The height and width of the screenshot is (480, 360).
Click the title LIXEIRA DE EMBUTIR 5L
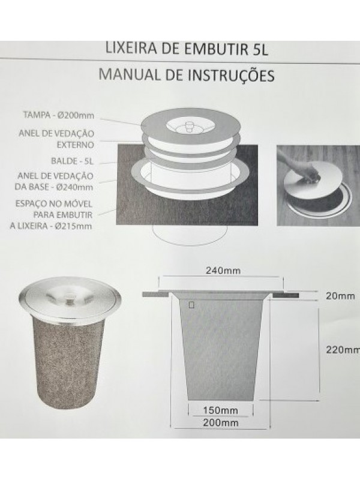[x=187, y=49]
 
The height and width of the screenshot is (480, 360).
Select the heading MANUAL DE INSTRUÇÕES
[x=187, y=75]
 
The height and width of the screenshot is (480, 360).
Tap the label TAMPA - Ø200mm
[x=59, y=115]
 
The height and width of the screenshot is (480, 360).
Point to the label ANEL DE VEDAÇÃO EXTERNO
[x=56, y=139]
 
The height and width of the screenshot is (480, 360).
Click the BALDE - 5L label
[x=72, y=161]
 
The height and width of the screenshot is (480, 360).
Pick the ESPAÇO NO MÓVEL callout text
[x=51, y=215]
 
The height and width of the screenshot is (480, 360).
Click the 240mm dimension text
[x=223, y=271]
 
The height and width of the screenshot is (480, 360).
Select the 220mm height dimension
[x=342, y=350]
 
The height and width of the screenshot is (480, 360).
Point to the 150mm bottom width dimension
[x=220, y=410]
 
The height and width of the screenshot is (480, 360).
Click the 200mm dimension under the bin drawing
[x=220, y=423]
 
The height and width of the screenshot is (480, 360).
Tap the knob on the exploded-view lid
[x=188, y=126]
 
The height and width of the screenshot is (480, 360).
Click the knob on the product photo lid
[x=70, y=298]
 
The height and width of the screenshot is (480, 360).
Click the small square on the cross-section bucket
[x=191, y=305]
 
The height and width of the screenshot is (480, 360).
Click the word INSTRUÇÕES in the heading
[x=231, y=76]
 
